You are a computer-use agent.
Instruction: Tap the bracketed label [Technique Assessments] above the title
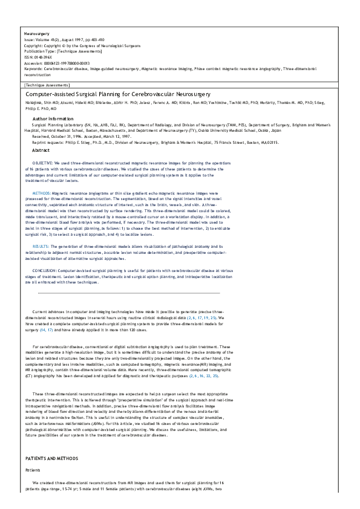(x=44, y=85)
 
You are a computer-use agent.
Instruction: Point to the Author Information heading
(x=53, y=119)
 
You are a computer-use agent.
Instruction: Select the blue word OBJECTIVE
(x=44, y=164)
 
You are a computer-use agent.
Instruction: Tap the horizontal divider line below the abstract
(x=128, y=293)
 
